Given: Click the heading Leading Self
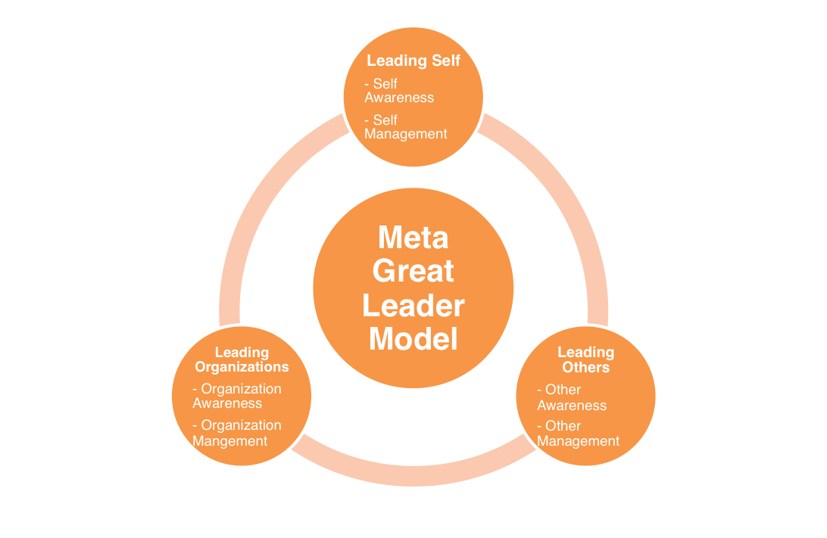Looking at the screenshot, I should point(413,61).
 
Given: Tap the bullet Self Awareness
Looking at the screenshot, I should point(399,90).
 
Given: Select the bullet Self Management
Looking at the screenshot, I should point(406,126).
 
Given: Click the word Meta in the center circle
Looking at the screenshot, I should point(413,238).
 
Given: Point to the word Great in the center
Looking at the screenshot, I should point(413,271).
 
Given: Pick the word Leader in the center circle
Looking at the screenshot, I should point(413,305).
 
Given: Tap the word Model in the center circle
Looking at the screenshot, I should point(413,338).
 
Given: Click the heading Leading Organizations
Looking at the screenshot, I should point(242,359).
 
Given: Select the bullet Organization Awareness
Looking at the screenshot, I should point(236,396).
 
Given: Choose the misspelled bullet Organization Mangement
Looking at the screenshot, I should point(236,433).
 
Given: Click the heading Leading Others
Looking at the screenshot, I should point(585,359).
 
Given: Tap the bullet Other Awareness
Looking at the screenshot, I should point(572,397).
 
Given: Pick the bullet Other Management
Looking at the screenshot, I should point(578,434).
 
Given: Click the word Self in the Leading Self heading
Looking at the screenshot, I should point(445,61).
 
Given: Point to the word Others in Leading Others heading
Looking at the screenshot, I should point(585,367).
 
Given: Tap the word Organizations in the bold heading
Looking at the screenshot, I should point(242,367).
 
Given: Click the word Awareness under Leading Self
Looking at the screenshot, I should point(399,98).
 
